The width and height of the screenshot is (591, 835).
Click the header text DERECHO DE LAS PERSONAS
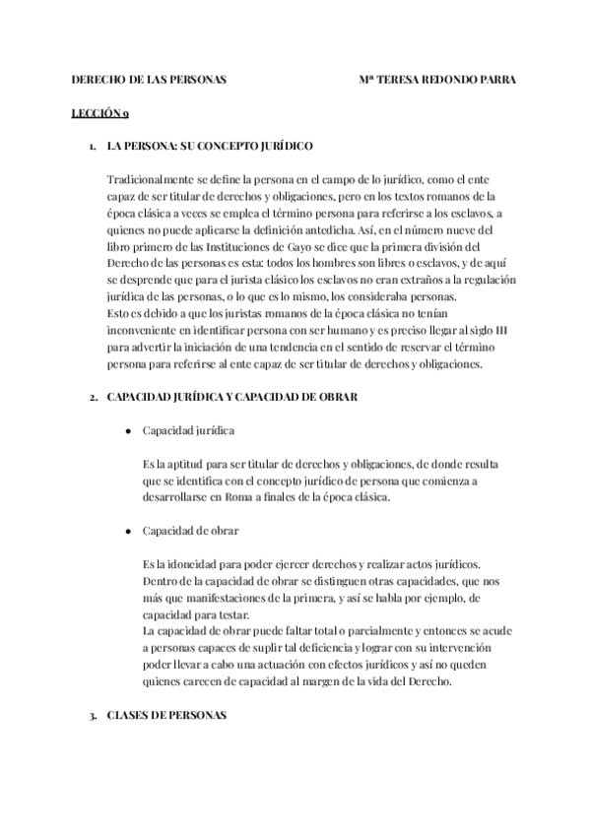[x=149, y=81]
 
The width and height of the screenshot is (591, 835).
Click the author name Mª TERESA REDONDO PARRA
[x=438, y=81]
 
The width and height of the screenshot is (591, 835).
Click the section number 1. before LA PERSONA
[x=92, y=146]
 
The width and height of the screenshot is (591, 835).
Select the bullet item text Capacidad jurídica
[x=188, y=430]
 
